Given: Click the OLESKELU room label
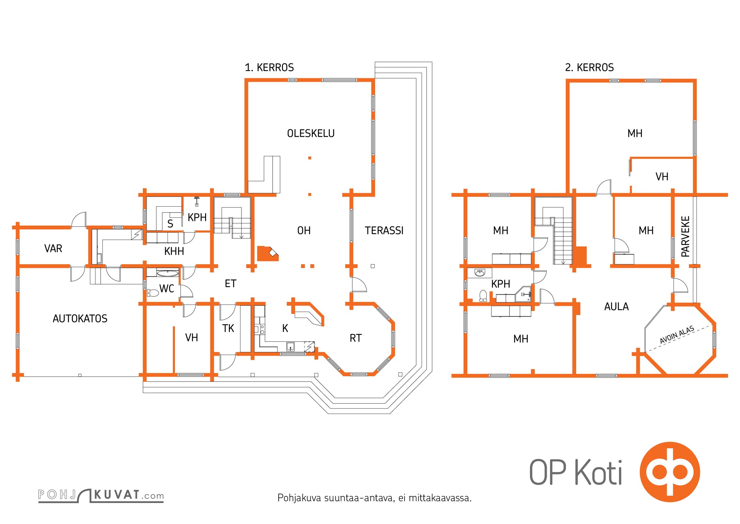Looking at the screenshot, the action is click(311, 133).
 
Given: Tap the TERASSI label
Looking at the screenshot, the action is click(384, 231).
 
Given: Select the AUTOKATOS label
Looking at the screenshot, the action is click(80, 318).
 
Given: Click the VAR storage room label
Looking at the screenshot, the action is click(53, 248).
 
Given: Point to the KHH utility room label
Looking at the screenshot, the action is click(174, 251).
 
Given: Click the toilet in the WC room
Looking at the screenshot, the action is click(153, 292).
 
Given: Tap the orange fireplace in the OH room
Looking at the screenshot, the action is click(268, 253).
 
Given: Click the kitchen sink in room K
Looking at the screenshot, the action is click(290, 346).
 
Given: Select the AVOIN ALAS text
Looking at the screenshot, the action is click(677, 335).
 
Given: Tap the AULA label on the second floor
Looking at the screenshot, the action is click(616, 307).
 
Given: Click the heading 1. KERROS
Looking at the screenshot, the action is click(269, 67).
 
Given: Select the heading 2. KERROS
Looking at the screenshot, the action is click(589, 67).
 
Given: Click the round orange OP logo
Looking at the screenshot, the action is click(670, 472).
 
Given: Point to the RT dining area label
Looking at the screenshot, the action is click(356, 338).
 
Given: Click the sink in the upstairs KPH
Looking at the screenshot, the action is click(480, 273).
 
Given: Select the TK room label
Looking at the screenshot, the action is click(228, 328).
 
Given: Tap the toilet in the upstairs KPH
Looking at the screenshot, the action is click(483, 296).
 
